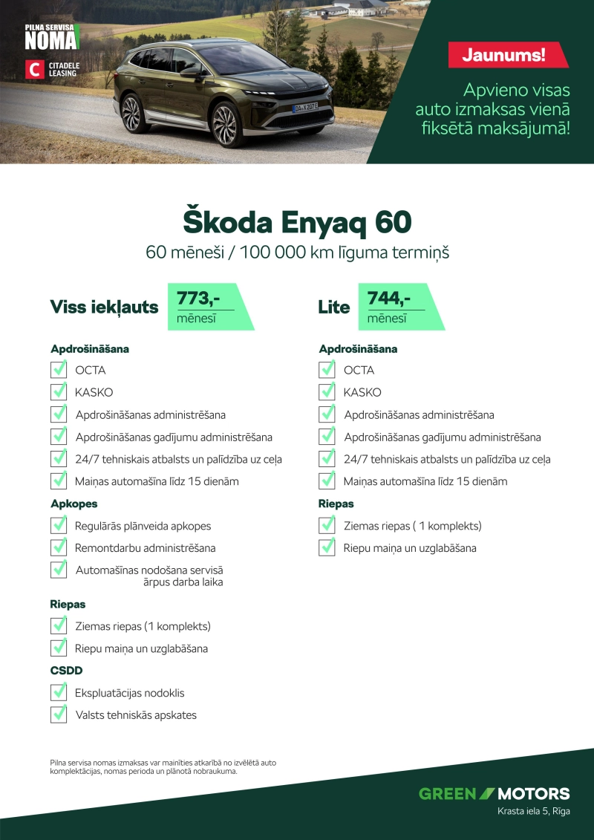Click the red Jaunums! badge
click(x=508, y=55)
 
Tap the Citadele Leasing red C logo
click(x=35, y=69)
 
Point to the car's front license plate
click(x=304, y=108)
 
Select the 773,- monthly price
click(x=198, y=299)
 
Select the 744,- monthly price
click(x=389, y=299)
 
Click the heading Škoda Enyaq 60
click(x=297, y=222)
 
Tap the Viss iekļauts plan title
click(x=104, y=307)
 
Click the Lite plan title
click(x=333, y=307)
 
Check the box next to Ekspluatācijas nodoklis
click(x=59, y=692)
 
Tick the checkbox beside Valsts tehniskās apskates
click(x=59, y=714)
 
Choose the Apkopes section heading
click(x=74, y=504)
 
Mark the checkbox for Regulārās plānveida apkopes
click(x=59, y=525)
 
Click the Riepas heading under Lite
click(x=336, y=504)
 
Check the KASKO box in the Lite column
click(x=327, y=391)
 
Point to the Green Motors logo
click(x=494, y=793)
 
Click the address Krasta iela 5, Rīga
click(x=533, y=811)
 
